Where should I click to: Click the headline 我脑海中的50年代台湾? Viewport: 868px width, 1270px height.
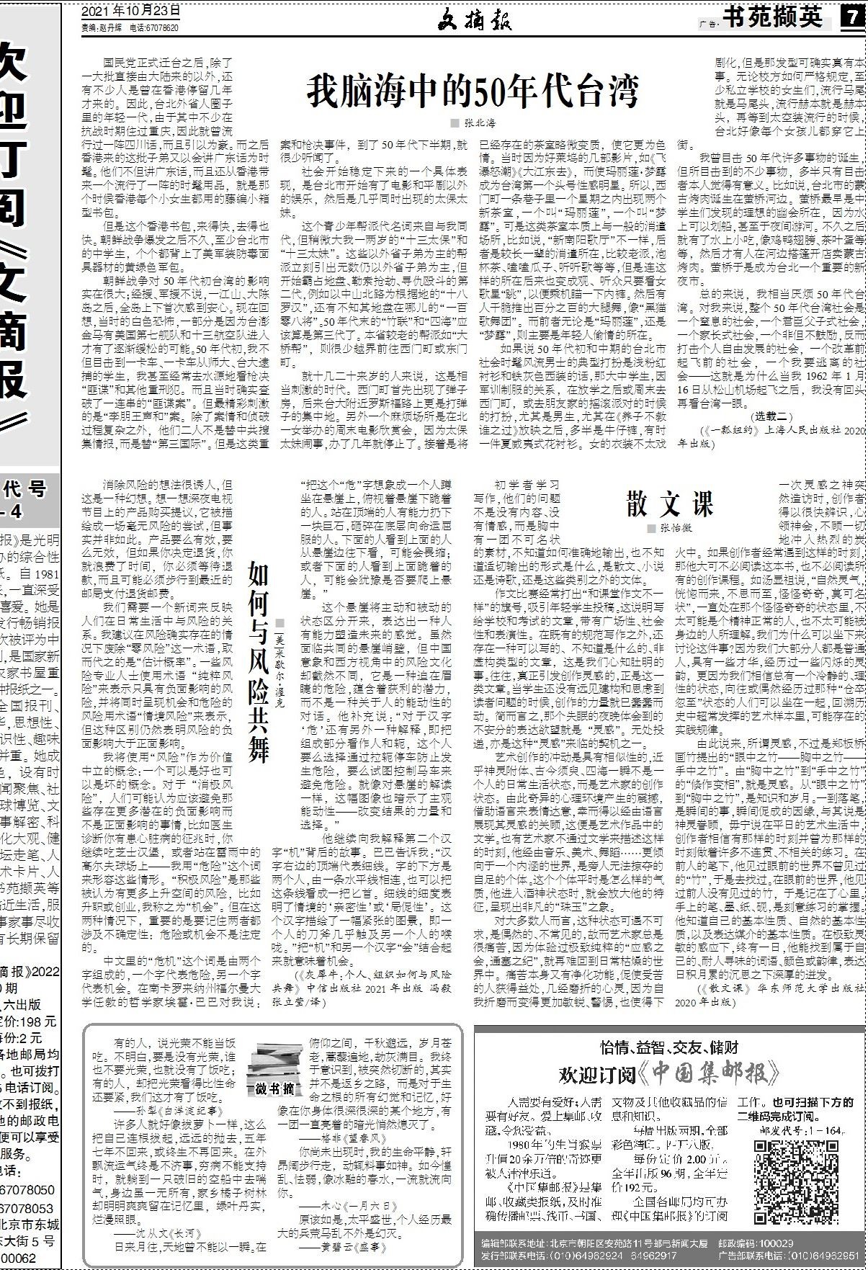tap(473, 92)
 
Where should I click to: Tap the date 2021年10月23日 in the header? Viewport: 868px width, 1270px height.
tap(131, 12)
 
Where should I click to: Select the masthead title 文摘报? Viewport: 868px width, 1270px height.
tap(475, 21)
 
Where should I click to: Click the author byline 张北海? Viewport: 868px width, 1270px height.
tap(477, 123)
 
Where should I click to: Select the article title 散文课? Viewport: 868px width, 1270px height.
tap(669, 503)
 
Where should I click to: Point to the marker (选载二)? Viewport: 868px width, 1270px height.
tap(772, 416)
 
